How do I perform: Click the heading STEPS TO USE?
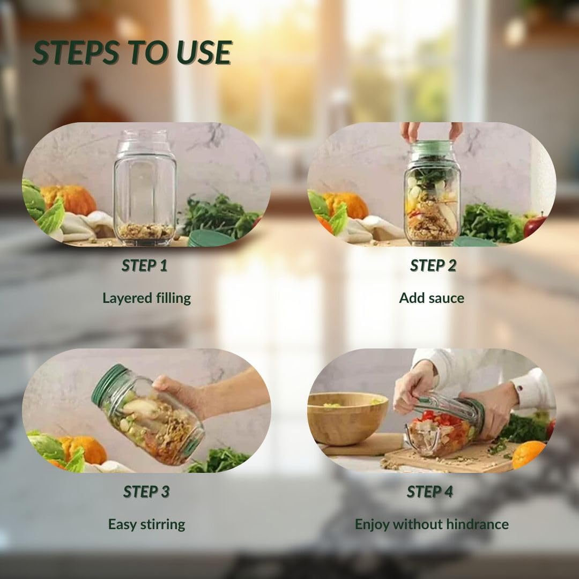point(132,53)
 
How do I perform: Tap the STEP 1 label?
point(144,265)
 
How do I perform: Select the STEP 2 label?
point(433,265)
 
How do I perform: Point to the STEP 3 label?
point(146,492)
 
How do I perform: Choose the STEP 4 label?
point(430,492)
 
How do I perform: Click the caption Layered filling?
point(146,298)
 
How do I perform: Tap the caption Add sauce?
point(432,298)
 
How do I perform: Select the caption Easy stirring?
point(146,524)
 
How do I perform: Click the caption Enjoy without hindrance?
point(432,524)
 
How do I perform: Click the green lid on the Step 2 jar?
point(432,148)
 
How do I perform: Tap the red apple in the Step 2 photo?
point(535,225)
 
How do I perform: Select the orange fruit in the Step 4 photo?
point(529,454)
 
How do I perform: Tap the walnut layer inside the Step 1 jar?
point(145,231)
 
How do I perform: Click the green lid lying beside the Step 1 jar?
point(211,238)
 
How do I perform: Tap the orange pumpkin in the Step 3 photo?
point(84,450)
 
